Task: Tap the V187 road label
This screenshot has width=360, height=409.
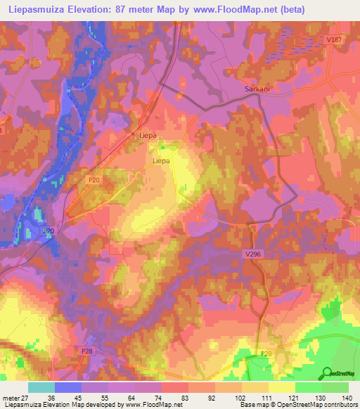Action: [x=333, y=40]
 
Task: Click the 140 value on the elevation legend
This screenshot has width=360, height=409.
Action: [x=347, y=398]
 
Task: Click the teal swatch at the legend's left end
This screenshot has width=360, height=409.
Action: [x=41, y=387]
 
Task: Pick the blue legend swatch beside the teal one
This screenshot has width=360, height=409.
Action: [x=67, y=387]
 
